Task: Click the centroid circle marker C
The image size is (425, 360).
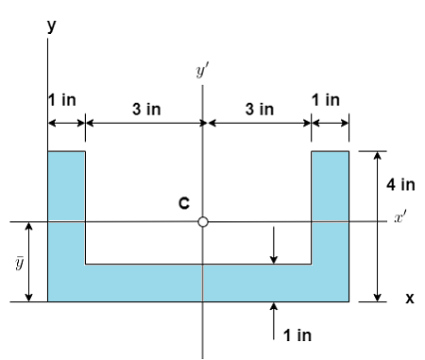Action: tap(202, 222)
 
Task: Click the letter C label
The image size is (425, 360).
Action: tap(185, 203)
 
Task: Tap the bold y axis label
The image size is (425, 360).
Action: tap(51, 26)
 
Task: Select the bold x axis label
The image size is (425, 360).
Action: tap(409, 299)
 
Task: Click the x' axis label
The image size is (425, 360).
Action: tap(403, 218)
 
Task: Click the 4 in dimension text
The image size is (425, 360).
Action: tap(400, 184)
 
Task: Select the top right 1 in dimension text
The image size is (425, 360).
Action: tap(326, 99)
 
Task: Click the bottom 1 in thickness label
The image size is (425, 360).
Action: tap(297, 334)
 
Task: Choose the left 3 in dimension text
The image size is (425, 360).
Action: tap(145, 110)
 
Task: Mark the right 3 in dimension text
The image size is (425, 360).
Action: tap(260, 110)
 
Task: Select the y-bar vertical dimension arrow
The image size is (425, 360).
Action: tap(29, 263)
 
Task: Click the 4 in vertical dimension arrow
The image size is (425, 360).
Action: tap(377, 227)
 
